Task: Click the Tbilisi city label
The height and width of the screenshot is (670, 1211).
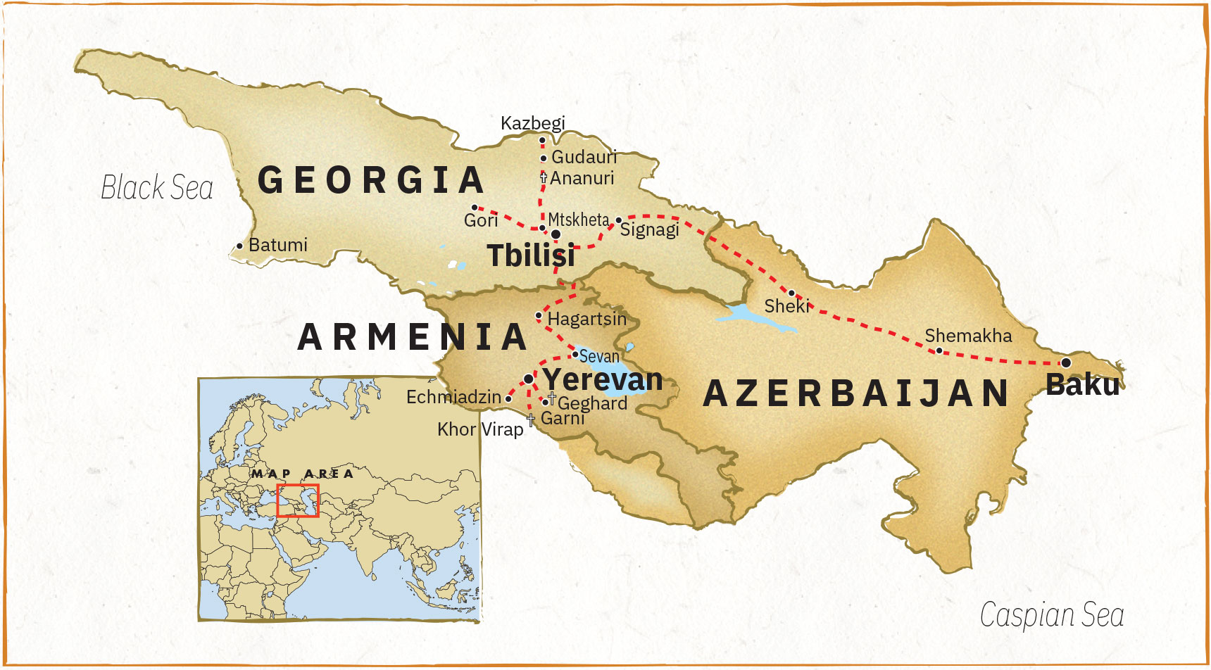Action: pos(531,255)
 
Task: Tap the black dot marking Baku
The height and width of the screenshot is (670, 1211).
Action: pos(1066,362)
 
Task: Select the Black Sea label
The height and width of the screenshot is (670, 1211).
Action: pos(157,188)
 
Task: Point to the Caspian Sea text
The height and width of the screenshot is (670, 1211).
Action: pos(1052,615)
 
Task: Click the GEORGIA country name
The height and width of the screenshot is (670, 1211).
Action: pos(371,180)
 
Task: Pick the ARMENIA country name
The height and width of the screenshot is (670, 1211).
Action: pos(413,337)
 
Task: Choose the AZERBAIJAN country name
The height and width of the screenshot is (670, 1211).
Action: pos(857,393)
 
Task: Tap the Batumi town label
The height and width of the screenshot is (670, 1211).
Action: pos(277,245)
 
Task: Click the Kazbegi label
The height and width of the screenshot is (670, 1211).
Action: pos(532,123)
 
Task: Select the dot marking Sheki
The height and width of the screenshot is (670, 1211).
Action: pos(791,293)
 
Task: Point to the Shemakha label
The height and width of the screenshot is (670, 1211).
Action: pos(968,336)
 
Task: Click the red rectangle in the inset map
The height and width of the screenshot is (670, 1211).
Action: pos(298,500)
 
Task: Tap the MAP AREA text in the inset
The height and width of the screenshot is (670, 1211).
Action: pos(303,474)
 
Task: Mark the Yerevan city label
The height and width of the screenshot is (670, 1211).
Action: pos(603,380)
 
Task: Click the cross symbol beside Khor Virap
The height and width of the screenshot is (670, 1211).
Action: pos(531,420)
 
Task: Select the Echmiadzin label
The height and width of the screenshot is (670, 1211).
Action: pos(453,398)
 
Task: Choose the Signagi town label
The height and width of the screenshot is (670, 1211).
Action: pos(649,230)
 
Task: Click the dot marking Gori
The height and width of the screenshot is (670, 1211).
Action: pos(475,208)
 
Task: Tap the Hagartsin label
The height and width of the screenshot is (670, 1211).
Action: pos(586,319)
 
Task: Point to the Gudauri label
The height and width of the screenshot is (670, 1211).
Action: pos(584,157)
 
